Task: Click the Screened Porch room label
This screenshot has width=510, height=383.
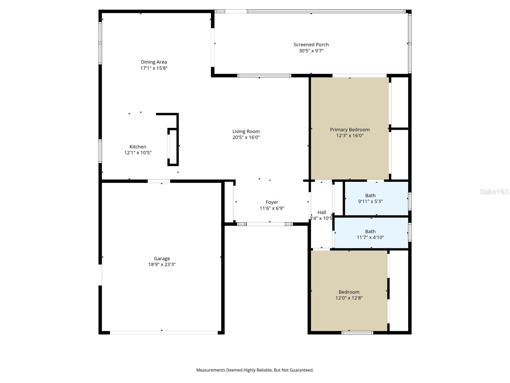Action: click(311, 45)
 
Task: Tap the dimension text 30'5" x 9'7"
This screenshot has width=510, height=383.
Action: click(311, 51)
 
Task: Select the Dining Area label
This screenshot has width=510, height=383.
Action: click(154, 62)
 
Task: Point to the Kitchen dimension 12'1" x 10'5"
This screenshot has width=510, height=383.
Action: click(138, 153)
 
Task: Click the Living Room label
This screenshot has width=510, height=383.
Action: click(246, 131)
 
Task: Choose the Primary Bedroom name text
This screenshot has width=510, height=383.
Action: click(350, 130)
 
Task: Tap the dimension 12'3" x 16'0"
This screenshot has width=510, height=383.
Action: click(350, 136)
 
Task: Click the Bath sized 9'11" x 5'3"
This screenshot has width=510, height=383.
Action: click(370, 198)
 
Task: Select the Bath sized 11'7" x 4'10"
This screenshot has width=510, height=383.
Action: click(370, 234)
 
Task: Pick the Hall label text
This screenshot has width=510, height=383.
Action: click(322, 212)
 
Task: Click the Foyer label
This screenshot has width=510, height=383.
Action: click(272, 202)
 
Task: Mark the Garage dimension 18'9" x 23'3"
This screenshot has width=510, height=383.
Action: click(162, 265)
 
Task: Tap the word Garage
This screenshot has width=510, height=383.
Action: click(162, 259)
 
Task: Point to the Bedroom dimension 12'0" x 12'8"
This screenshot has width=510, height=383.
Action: click(349, 298)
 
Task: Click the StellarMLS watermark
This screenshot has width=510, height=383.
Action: click(494, 191)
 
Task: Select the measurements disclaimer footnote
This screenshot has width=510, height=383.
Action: click(255, 370)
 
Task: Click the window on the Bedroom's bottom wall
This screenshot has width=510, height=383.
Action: click(357, 333)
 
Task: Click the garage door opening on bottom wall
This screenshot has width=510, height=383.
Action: click(164, 333)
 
